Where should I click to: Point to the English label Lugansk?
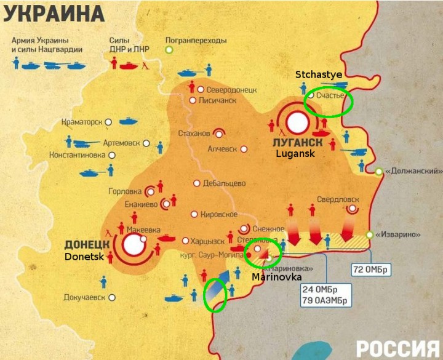pyautogui.click(x=295, y=154)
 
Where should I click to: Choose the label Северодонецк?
pyautogui.click(x=231, y=89)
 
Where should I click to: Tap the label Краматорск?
pyautogui.click(x=82, y=122)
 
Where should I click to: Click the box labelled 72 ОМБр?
pyautogui.click(x=371, y=270)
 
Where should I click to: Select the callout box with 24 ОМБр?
pyautogui.click(x=325, y=294)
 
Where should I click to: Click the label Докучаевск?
pyautogui.click(x=84, y=297)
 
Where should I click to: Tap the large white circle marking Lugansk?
pyautogui.click(x=298, y=122)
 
